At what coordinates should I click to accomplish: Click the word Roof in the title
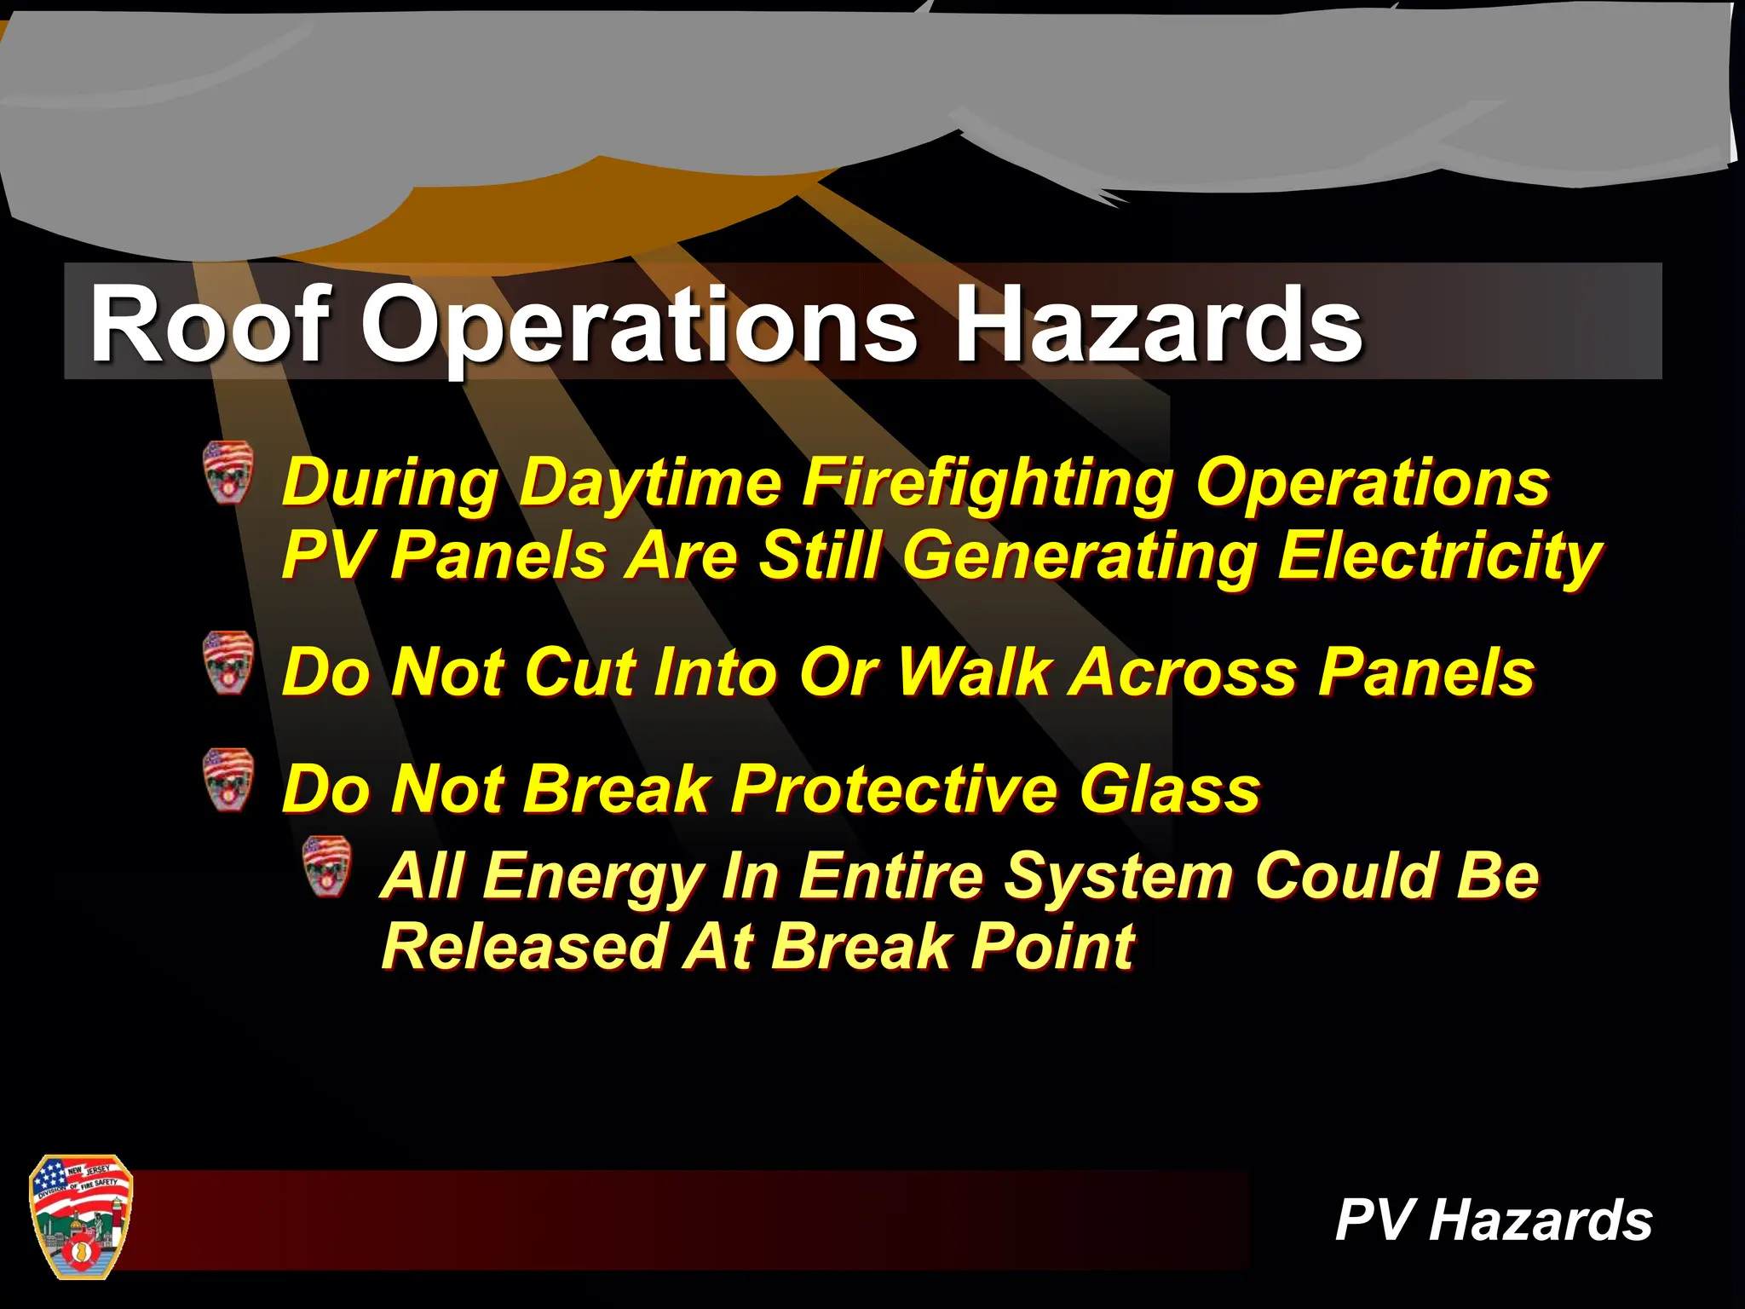(x=210, y=324)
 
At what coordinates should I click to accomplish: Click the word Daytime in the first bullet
(x=649, y=484)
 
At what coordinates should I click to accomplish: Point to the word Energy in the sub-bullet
(x=592, y=878)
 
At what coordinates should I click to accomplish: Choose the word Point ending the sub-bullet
(x=1053, y=947)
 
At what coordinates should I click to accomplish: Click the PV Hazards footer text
(x=1493, y=1220)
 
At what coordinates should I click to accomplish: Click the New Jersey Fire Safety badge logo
(x=81, y=1217)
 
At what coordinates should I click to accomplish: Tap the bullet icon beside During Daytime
(x=228, y=472)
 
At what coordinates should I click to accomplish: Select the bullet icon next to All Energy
(x=327, y=867)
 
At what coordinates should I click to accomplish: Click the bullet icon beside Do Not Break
(x=228, y=780)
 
